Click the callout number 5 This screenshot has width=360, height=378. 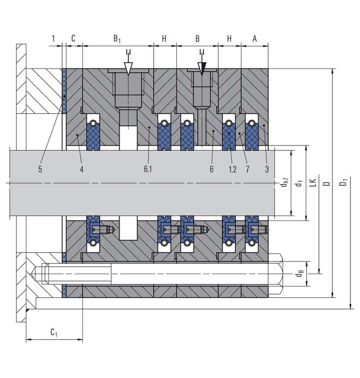click(41, 169)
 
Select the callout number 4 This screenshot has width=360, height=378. click(82, 169)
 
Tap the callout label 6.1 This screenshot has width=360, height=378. click(148, 169)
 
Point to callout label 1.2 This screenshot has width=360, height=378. click(233, 169)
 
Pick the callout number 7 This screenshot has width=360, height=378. click(248, 169)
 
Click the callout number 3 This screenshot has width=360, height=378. click(266, 169)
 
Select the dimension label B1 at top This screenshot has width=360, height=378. click(117, 38)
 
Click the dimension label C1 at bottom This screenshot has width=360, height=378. click(54, 333)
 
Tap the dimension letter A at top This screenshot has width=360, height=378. click(255, 38)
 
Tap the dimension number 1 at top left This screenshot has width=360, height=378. click(52, 38)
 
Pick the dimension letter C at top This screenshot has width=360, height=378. click(73, 38)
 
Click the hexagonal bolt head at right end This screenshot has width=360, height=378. click(277, 270)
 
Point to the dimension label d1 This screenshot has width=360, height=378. click(297, 184)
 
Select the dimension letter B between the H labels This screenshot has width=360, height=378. click(197, 38)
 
